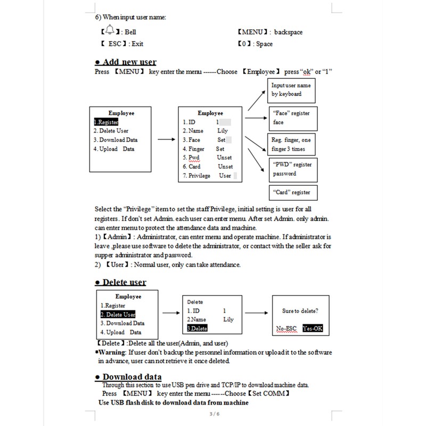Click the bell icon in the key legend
point(109,30)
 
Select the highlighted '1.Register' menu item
point(106,122)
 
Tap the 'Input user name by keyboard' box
point(291,89)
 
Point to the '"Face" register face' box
point(291,118)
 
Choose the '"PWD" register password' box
point(292,169)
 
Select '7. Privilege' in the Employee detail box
point(196,176)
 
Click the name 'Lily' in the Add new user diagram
point(223,130)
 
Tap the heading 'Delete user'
point(124,282)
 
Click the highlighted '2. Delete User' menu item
point(118,315)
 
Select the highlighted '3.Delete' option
point(197,328)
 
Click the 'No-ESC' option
point(286,329)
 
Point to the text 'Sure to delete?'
point(300,310)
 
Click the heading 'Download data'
point(132,377)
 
